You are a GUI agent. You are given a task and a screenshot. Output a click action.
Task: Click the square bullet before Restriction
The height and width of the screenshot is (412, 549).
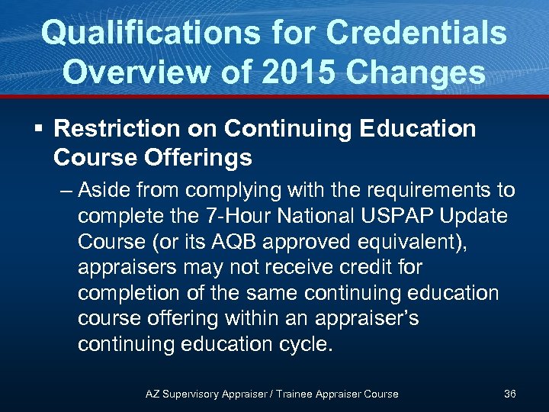[39, 129]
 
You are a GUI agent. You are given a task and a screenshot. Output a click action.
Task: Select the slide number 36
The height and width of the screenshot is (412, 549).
[510, 394]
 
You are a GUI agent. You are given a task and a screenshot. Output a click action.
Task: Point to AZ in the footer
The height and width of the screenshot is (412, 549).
[152, 394]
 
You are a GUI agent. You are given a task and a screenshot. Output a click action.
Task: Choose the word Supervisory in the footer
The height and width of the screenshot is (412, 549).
[191, 394]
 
